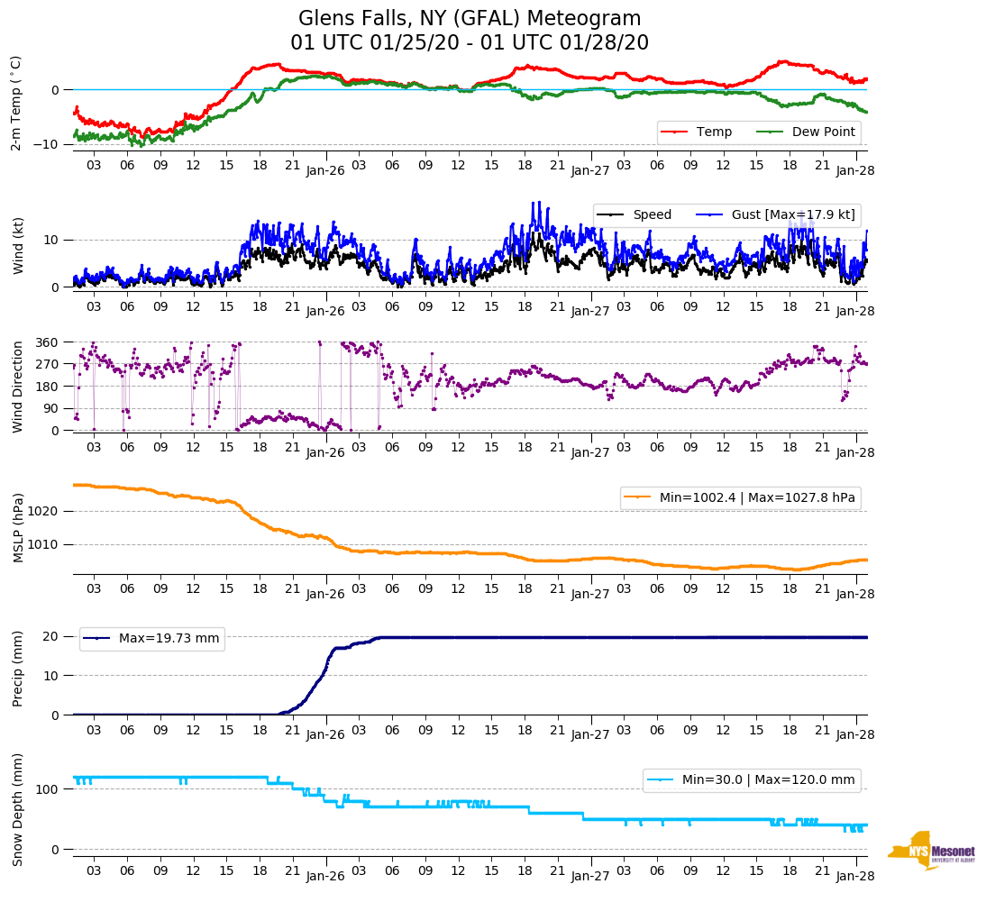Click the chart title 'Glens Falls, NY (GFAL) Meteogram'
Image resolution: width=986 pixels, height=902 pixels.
click(x=470, y=19)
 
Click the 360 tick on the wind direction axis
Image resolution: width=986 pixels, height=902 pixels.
click(x=48, y=342)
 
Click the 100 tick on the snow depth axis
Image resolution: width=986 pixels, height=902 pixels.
click(x=48, y=789)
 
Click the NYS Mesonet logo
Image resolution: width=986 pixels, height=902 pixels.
click(x=931, y=851)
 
